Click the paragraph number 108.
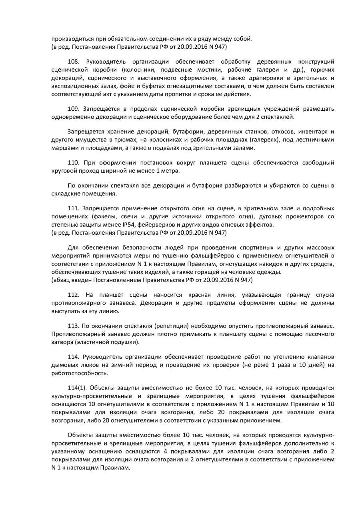[74, 62]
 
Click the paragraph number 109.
[74, 109]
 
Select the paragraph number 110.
[74, 163]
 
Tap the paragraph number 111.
[74, 209]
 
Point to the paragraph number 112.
[74, 295]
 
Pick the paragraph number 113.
[74, 325]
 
